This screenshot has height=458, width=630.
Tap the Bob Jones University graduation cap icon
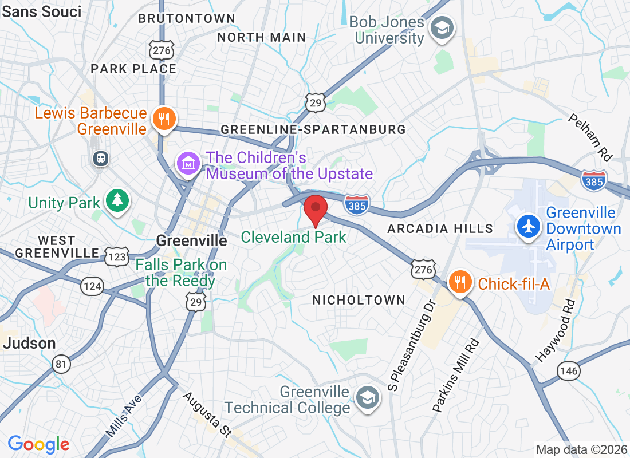pyautogui.click(x=442, y=27)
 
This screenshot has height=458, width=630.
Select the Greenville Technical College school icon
pyautogui.click(x=367, y=397)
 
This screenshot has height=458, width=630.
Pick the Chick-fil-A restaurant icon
pyautogui.click(x=459, y=282)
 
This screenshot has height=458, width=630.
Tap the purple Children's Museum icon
pyautogui.click(x=188, y=164)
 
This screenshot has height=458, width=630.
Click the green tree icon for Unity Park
pyautogui.click(x=117, y=200)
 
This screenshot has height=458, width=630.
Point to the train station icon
pyautogui.click(x=101, y=159)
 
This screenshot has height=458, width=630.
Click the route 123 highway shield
pyautogui.click(x=117, y=256)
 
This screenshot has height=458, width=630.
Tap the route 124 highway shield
pyautogui.click(x=92, y=286)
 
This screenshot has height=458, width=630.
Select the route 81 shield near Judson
pyautogui.click(x=60, y=363)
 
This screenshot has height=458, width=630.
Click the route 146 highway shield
pyautogui.click(x=569, y=371)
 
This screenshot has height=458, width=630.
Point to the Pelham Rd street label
pyautogui.click(x=590, y=137)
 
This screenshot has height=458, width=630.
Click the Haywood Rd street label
pyautogui.click(x=554, y=331)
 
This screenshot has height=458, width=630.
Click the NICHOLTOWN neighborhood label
pyautogui.click(x=359, y=300)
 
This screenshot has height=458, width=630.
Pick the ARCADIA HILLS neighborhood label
pyautogui.click(x=440, y=228)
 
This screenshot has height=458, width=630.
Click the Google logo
pyautogui.click(x=39, y=444)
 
